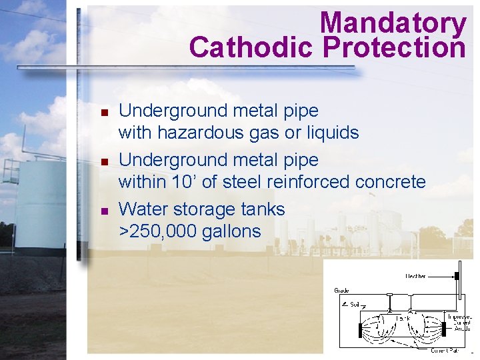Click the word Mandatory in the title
pos(393,23)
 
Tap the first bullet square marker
pos(104,112)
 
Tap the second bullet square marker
pos(104,161)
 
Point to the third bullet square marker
pos(104,211)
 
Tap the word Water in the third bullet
pos(143,209)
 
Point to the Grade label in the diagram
pos(341,291)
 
